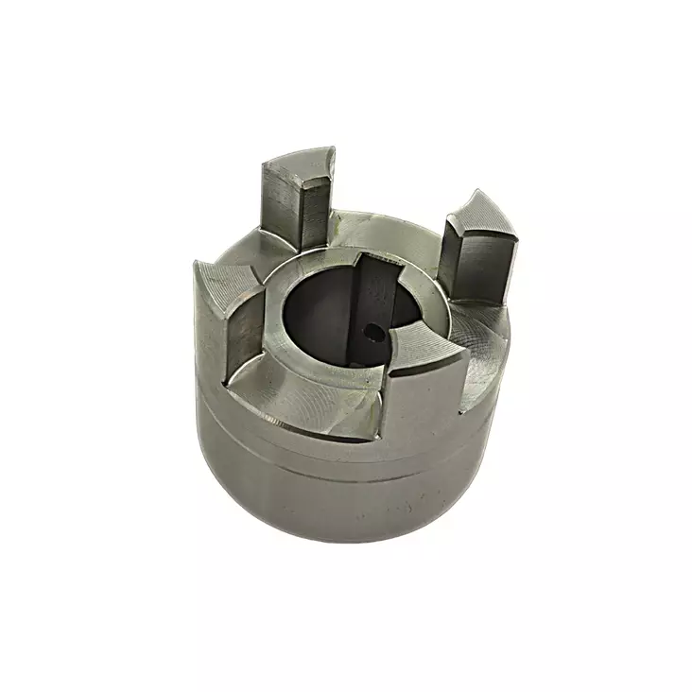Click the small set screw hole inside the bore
(x=375, y=332)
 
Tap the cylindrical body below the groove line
(x=340, y=501)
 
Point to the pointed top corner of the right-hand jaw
(x=473, y=193)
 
